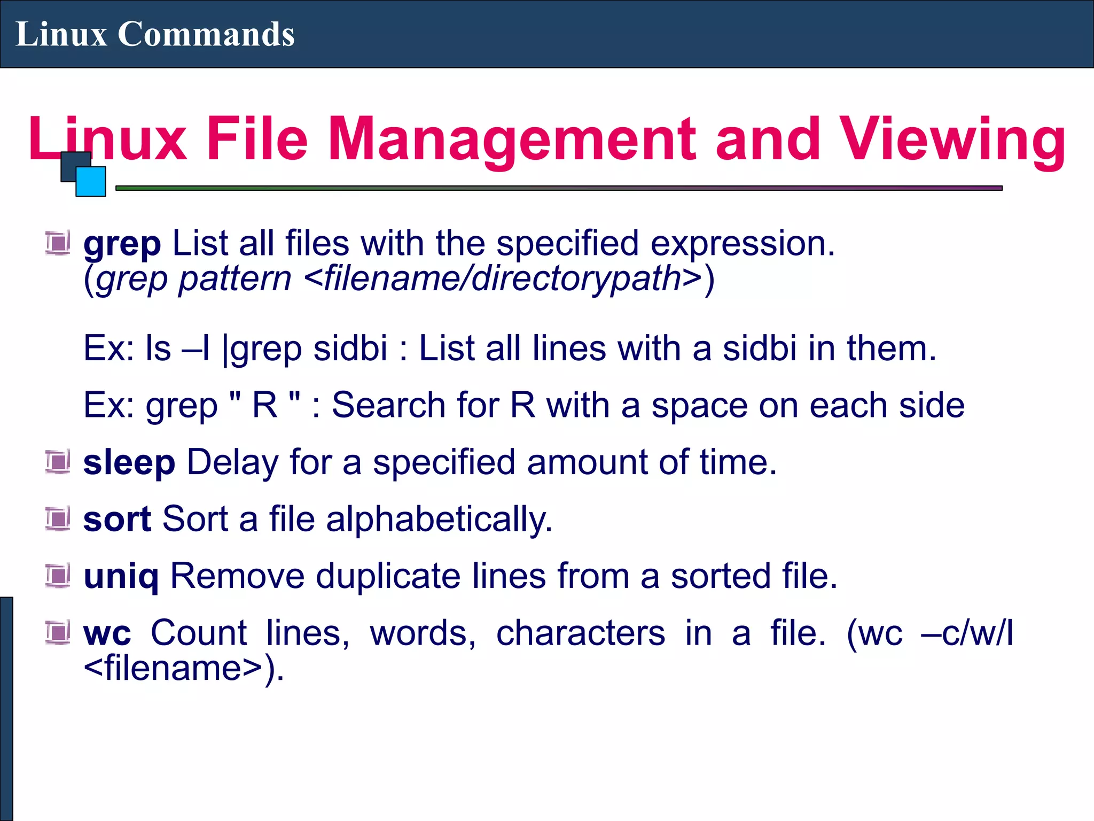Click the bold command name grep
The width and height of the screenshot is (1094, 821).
point(122,244)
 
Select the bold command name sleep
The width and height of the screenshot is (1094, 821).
point(129,462)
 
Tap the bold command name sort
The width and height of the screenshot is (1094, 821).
point(118,519)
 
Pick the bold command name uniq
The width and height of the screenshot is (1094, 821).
point(121,577)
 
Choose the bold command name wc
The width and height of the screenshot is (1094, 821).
point(107,634)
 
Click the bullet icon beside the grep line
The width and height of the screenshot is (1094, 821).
point(58,243)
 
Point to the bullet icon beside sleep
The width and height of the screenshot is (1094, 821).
point(58,462)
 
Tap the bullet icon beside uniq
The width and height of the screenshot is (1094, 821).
point(58,576)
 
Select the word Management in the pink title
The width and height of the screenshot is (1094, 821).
point(512,140)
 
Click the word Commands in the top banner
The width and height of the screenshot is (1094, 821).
point(206,34)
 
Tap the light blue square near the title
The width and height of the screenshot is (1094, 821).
point(91,181)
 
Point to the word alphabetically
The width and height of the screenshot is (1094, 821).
point(439,519)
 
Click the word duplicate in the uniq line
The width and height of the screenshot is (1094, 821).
point(388,576)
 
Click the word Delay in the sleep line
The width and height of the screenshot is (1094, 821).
point(232,462)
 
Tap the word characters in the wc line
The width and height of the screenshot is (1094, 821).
point(581,633)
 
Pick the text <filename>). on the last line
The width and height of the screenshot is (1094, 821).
point(184,668)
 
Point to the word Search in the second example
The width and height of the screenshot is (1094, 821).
point(389,405)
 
